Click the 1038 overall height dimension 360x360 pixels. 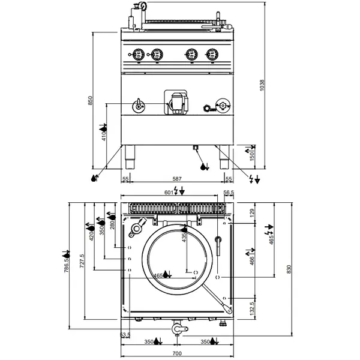point(261,85)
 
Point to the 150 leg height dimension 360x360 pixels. point(252,155)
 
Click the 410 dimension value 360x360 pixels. point(104,137)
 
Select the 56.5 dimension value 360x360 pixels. point(228,193)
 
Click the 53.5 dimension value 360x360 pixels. point(125,335)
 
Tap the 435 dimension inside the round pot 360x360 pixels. point(184,238)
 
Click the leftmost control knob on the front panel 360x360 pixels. point(137,55)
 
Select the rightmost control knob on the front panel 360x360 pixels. point(211,55)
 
